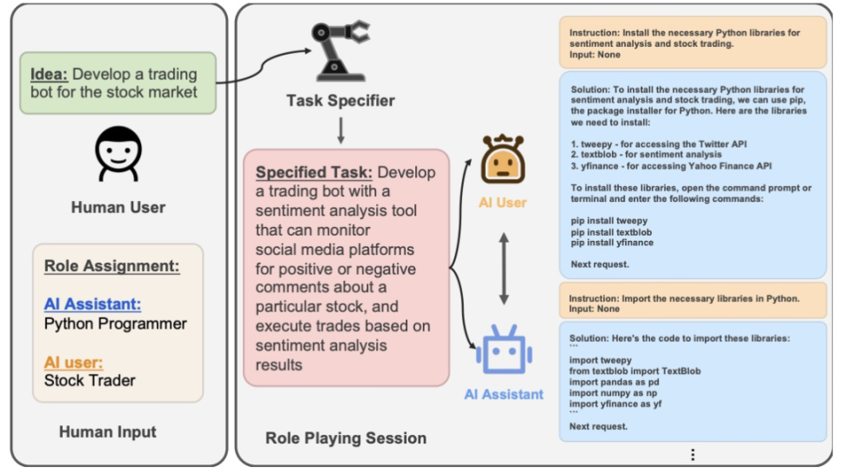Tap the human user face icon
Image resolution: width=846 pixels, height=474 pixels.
(x=118, y=154)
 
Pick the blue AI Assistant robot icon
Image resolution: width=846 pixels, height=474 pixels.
(x=504, y=349)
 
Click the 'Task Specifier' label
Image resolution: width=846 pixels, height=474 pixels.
(x=340, y=100)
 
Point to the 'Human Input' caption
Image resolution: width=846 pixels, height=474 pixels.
(x=108, y=432)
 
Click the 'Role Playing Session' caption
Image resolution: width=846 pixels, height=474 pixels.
(x=346, y=437)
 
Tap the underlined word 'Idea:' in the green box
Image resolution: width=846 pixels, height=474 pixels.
(x=49, y=74)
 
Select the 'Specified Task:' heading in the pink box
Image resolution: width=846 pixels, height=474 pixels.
(x=313, y=172)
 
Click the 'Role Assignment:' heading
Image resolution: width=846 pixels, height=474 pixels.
(x=111, y=266)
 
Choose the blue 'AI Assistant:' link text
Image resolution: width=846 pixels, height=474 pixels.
(x=92, y=304)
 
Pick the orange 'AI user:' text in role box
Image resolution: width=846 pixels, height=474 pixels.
(x=73, y=363)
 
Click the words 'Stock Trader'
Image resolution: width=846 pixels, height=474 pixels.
(x=90, y=381)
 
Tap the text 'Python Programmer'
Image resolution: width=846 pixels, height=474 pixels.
(x=116, y=324)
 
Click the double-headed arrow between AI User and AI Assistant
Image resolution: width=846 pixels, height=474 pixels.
(x=503, y=269)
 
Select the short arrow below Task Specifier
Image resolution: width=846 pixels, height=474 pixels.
(x=340, y=130)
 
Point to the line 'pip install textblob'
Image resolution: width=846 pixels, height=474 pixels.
(x=611, y=232)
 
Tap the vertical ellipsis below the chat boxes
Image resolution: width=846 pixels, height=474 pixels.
(x=693, y=455)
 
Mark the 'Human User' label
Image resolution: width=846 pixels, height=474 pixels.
(x=118, y=207)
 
